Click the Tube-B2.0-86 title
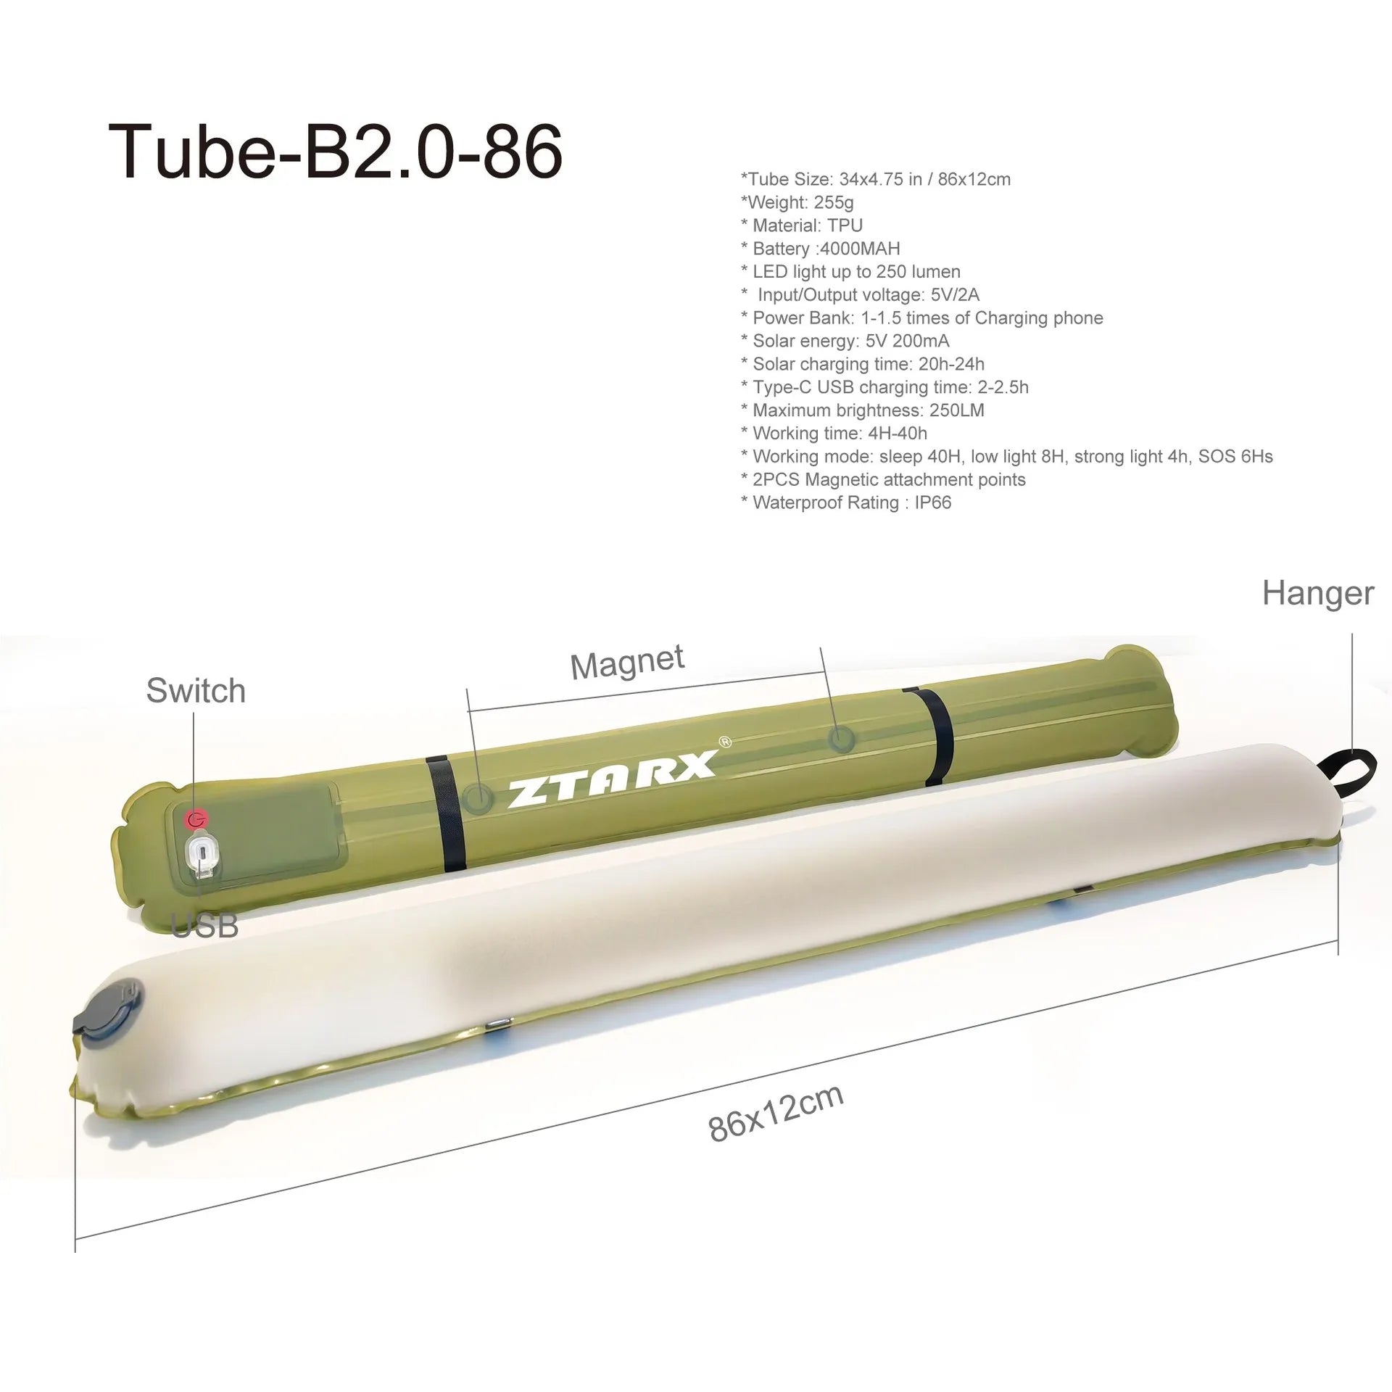[335, 151]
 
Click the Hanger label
[1317, 592]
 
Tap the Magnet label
[627, 661]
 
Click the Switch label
[196, 690]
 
